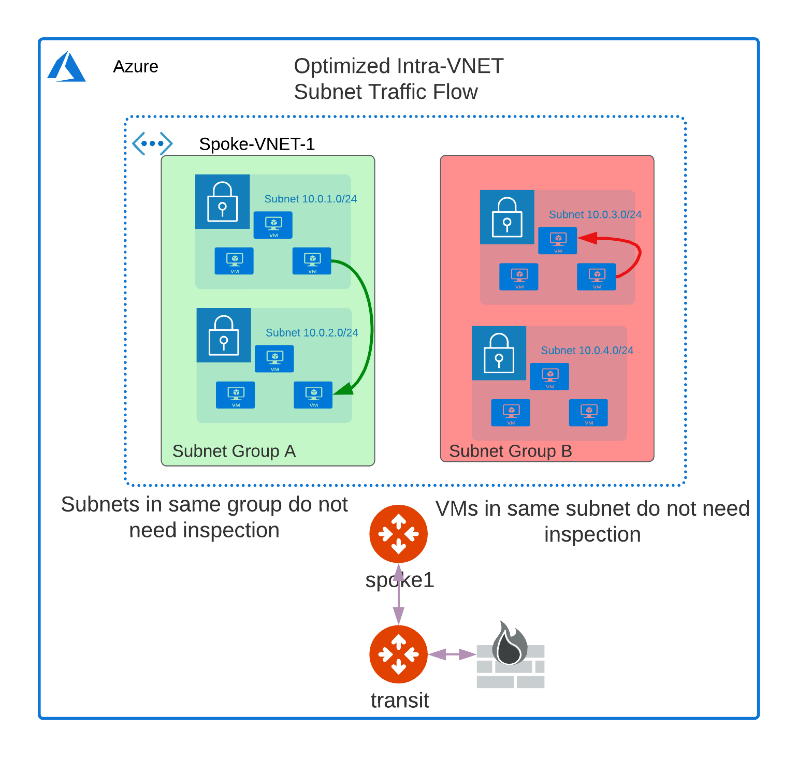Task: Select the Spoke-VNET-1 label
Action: point(257,144)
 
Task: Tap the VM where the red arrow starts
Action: point(596,276)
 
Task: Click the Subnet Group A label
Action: point(234,451)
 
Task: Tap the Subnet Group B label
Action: point(510,451)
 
